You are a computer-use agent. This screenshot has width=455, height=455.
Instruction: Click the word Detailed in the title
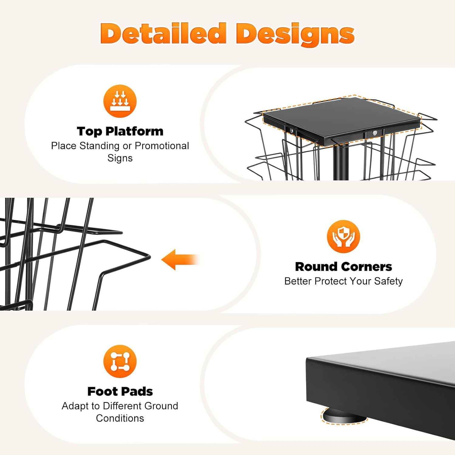click(163, 33)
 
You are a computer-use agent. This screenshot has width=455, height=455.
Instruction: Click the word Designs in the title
click(295, 34)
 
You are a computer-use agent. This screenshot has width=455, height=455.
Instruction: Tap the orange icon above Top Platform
click(120, 101)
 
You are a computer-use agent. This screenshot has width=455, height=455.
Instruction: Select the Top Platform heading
click(120, 131)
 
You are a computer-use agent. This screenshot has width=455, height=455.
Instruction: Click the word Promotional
click(162, 146)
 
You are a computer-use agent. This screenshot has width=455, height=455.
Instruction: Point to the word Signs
click(120, 158)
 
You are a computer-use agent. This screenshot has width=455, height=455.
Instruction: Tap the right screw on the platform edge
click(375, 133)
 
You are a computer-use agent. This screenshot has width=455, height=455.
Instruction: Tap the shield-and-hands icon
click(343, 236)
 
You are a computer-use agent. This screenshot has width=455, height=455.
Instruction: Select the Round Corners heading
click(343, 267)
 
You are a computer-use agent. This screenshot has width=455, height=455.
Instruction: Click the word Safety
click(388, 281)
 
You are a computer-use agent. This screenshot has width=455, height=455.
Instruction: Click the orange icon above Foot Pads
click(120, 361)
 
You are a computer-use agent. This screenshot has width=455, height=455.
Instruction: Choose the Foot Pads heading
click(120, 392)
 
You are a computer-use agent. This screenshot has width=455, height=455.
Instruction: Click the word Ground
click(161, 406)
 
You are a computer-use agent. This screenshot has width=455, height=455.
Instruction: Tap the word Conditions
click(120, 418)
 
